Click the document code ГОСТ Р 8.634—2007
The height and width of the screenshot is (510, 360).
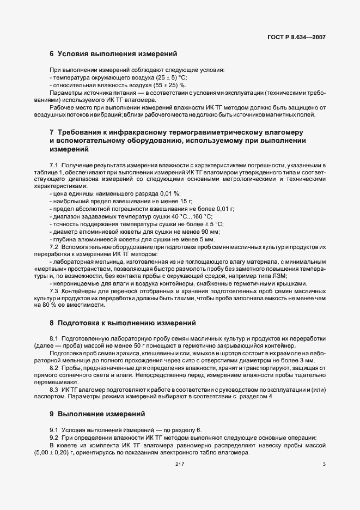coord(297,38)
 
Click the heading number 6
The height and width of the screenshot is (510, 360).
coord(52,54)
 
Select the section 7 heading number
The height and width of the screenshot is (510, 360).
coord(52,133)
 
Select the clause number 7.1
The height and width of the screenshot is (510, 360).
coord(54,165)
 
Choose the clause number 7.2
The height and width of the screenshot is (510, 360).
coord(54,247)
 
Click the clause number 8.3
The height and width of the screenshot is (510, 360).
coord(54,388)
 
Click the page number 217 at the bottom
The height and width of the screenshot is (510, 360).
coord(180,464)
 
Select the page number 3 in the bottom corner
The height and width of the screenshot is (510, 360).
coord(324,464)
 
